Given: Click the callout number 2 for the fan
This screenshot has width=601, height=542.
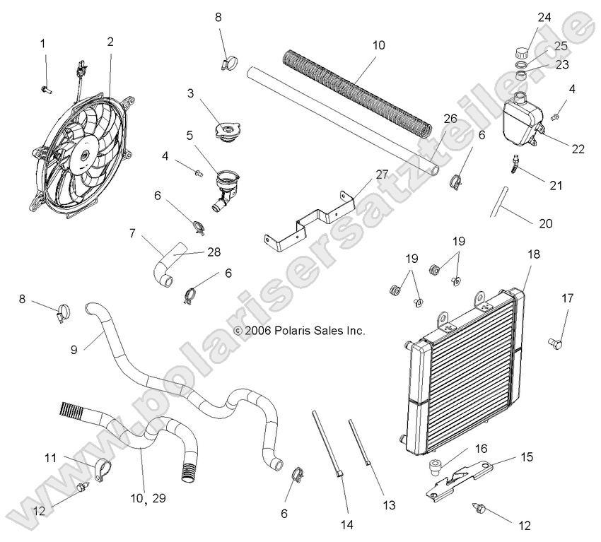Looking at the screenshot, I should click(110, 42).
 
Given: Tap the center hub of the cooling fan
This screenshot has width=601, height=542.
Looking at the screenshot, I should click(83, 153).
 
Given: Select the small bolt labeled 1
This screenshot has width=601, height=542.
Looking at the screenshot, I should click(47, 89).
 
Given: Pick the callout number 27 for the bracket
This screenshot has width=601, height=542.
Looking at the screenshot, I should click(362, 174).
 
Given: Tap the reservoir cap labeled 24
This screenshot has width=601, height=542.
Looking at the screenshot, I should click(522, 52).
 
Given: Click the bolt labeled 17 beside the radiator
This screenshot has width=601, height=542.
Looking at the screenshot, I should click(554, 343).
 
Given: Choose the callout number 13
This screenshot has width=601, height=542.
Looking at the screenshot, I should click(389, 505).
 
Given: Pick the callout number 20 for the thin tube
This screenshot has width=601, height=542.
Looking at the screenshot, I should click(545, 223).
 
